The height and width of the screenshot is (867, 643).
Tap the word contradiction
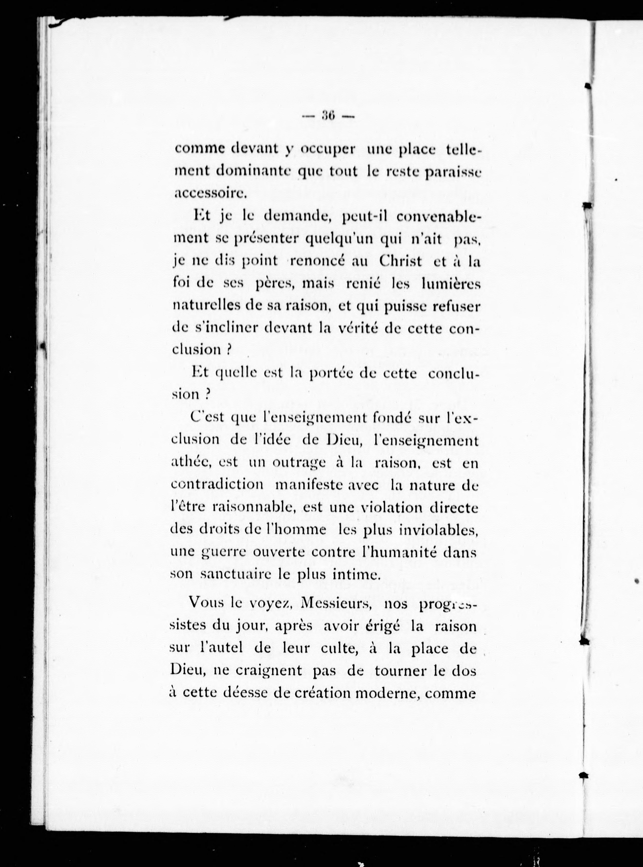click(x=217, y=485)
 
